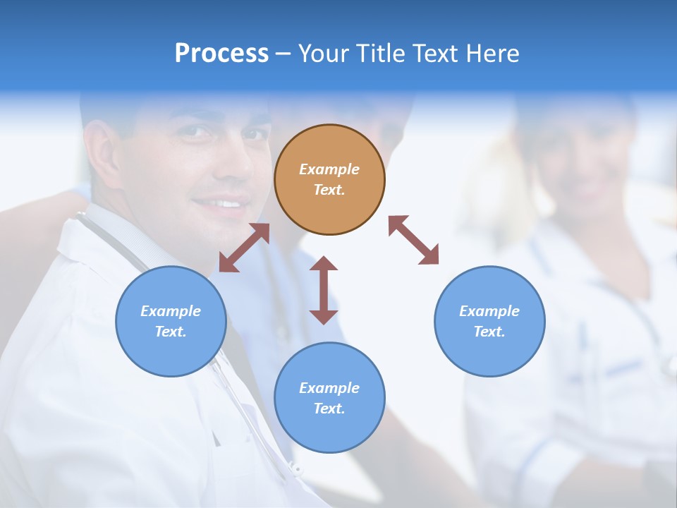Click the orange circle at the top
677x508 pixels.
pyautogui.click(x=329, y=179)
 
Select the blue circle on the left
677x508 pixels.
pyautogui.click(x=171, y=321)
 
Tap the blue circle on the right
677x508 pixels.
pyautogui.click(x=489, y=321)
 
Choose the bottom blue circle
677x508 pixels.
pyautogui.click(x=329, y=398)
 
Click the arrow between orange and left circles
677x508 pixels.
pyautogui.click(x=244, y=248)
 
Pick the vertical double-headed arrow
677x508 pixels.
pyautogui.click(x=324, y=290)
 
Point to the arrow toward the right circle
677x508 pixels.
pyautogui.click(x=413, y=240)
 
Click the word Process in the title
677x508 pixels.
pyautogui.click(x=221, y=53)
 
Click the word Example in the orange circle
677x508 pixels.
pyautogui.click(x=329, y=169)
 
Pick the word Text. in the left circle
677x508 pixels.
pyautogui.click(x=171, y=332)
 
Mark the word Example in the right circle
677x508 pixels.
pyautogui.click(x=489, y=311)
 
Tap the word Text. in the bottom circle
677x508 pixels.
pyautogui.click(x=329, y=409)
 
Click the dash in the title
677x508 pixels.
pyautogui.click(x=283, y=54)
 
